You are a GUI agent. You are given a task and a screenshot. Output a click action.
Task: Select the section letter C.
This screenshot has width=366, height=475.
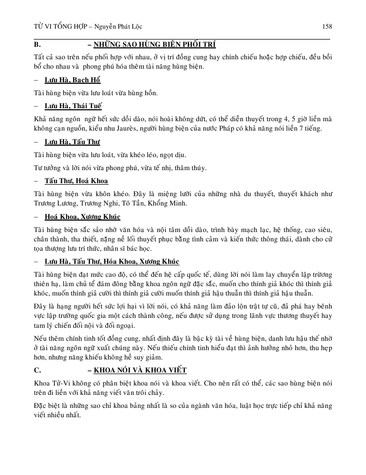(36, 370)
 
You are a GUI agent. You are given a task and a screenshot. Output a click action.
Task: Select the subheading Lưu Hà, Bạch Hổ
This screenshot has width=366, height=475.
(72, 80)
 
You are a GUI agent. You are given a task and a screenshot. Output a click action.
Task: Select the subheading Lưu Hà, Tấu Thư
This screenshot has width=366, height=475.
(72, 142)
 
